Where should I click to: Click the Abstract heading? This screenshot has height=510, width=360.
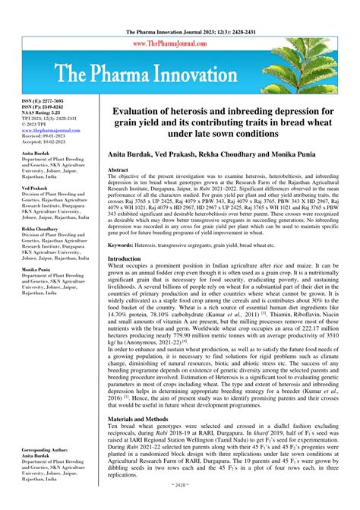click(119, 170)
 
